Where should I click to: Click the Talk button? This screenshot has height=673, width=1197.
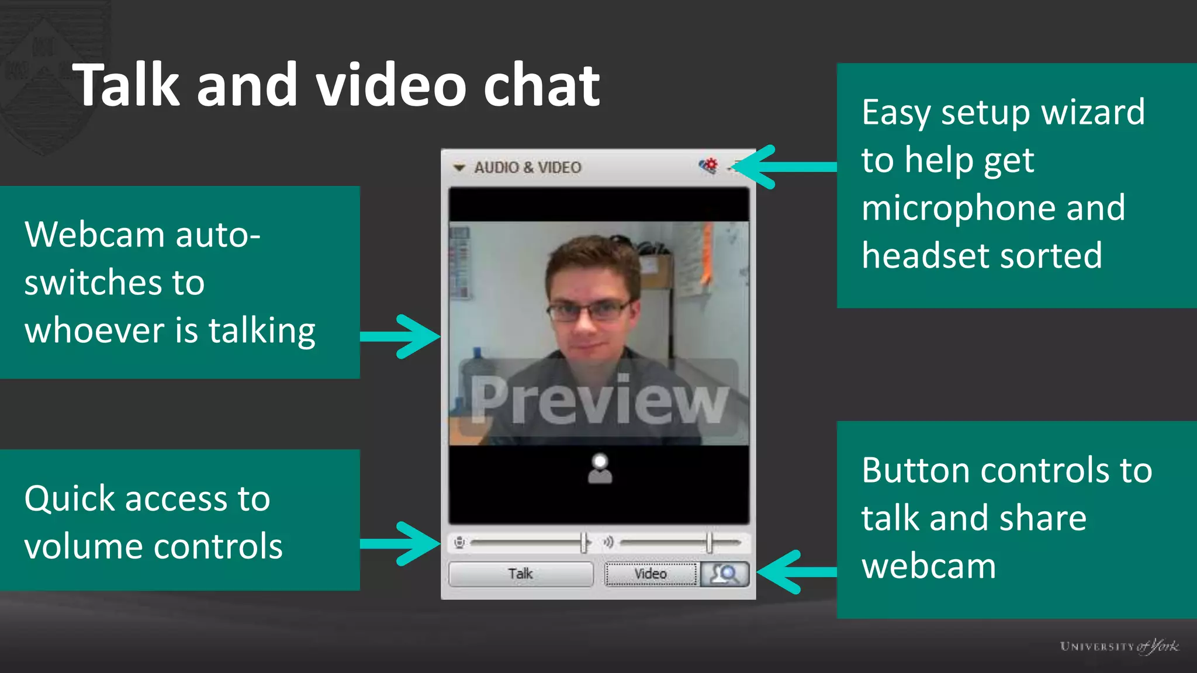(520, 574)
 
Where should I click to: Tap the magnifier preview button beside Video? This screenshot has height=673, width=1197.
(725, 574)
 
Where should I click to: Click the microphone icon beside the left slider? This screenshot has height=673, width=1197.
(460, 543)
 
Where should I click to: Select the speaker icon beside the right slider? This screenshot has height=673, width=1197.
(608, 543)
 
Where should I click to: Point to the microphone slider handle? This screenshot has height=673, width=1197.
(584, 543)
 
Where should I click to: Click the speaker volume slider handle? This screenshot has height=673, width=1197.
(709, 543)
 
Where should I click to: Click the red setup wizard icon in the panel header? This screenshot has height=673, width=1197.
(708, 166)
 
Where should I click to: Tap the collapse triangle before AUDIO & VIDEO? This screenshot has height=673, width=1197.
(459, 168)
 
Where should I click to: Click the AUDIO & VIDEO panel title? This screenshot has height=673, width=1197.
(527, 168)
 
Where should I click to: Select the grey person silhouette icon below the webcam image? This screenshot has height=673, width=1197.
(600, 469)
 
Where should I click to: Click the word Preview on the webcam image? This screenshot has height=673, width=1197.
(599, 400)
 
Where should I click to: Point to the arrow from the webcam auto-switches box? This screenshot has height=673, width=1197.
(401, 336)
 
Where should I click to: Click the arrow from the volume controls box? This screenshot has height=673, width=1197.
(401, 543)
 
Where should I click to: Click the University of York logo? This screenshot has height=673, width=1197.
(1119, 646)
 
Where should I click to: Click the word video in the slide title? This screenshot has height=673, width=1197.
(390, 86)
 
